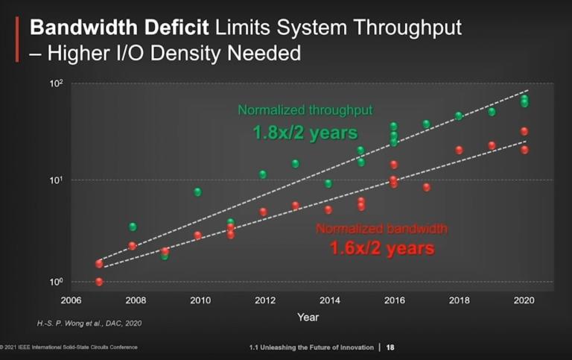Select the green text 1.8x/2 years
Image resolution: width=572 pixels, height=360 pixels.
point(305,133)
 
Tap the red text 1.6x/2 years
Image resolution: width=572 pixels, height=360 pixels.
point(382,247)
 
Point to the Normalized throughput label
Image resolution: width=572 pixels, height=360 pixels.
point(305,110)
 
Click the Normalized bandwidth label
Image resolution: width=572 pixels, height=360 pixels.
point(381,228)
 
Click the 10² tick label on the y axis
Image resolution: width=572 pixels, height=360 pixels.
point(58,84)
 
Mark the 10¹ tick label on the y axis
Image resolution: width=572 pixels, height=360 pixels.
point(58,180)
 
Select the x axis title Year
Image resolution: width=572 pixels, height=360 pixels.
point(308,317)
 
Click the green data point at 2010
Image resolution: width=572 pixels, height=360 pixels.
point(197,192)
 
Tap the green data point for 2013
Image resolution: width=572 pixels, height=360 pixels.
point(295,163)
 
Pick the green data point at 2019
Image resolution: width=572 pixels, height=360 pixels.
point(492,112)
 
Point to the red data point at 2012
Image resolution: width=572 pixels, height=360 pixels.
point(263,212)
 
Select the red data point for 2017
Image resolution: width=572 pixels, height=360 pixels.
point(427,187)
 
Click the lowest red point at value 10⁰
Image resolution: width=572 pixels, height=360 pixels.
point(99,282)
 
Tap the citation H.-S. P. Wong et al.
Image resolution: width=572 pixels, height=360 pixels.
point(89,323)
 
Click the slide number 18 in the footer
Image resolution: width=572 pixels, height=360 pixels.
point(390,347)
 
